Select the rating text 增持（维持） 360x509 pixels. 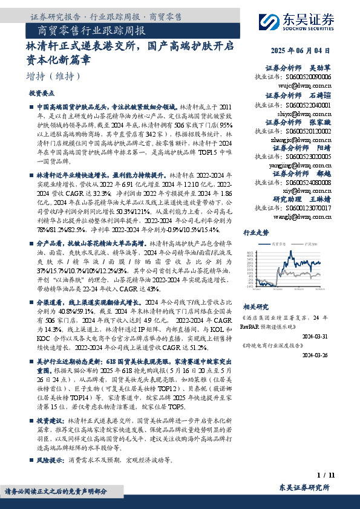coord(53,76)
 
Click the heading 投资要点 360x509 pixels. coord(42,94)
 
